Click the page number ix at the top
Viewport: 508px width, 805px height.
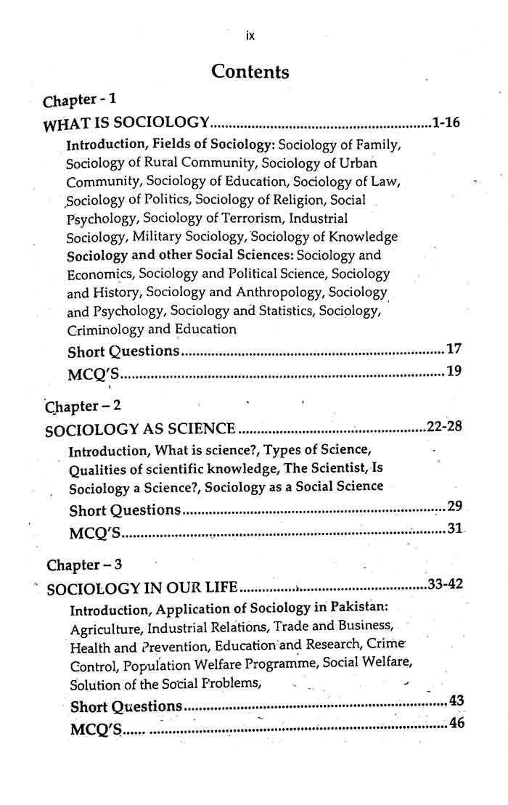(x=250, y=35)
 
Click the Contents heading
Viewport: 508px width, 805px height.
(x=250, y=72)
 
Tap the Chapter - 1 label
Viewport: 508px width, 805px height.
(x=80, y=99)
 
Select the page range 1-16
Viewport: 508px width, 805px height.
(x=445, y=122)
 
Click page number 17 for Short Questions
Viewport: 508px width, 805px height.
(x=454, y=349)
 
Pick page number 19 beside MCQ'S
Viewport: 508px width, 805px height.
(x=454, y=372)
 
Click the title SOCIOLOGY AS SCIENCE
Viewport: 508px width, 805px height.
(x=140, y=430)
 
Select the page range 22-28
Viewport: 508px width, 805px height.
(x=444, y=426)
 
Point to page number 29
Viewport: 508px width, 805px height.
(x=455, y=506)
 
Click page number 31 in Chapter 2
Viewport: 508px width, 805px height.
(x=454, y=529)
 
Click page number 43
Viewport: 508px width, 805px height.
(x=456, y=700)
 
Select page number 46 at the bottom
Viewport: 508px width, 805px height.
(x=456, y=723)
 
